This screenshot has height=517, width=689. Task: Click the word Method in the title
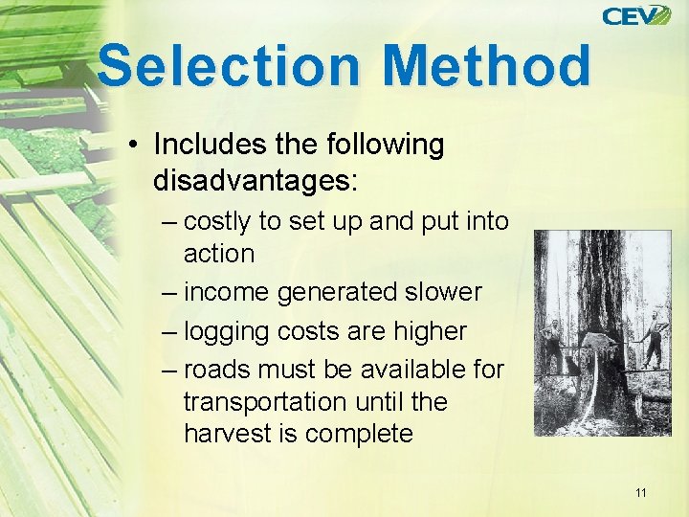tap(486, 65)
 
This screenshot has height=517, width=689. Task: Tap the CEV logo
tap(635, 15)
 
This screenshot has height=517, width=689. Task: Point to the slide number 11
tap(640, 493)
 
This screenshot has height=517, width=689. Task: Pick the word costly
tap(217, 221)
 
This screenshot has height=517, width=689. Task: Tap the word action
tap(219, 254)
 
